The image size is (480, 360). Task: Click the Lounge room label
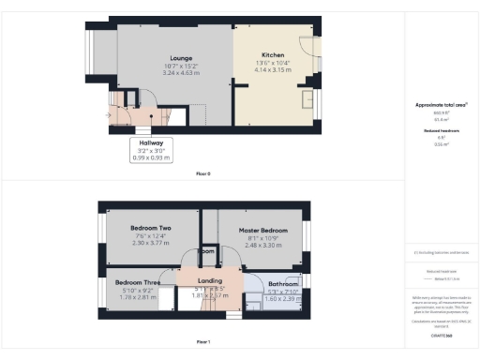(169, 57)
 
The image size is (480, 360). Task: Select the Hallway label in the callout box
(151, 143)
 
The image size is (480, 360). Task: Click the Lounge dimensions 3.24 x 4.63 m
(169, 71)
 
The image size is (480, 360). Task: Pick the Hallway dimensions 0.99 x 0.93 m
(151, 157)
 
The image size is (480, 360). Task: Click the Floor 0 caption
(203, 174)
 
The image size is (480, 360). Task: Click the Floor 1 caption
(203, 341)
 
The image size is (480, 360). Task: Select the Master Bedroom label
(262, 230)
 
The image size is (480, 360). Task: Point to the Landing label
(209, 280)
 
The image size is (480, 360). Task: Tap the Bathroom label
(283, 283)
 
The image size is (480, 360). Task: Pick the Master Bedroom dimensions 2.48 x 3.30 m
(262, 244)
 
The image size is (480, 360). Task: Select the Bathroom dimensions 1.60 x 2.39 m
(283, 297)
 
